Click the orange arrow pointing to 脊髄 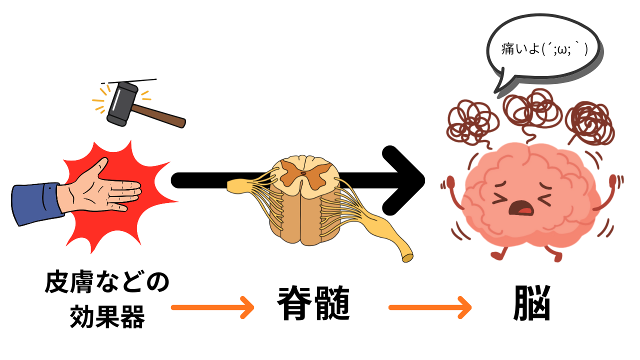coord(212,307)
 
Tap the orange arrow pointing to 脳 coord(430,307)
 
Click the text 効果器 coord(107,315)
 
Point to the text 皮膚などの coord(107,283)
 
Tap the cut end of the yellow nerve coord(408,257)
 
